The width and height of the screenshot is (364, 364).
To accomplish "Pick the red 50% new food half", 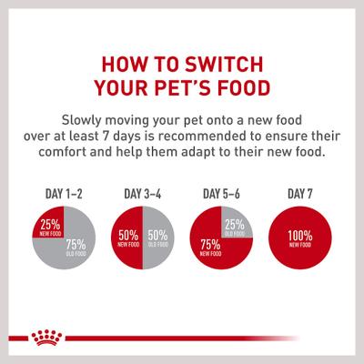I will click(x=127, y=238).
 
